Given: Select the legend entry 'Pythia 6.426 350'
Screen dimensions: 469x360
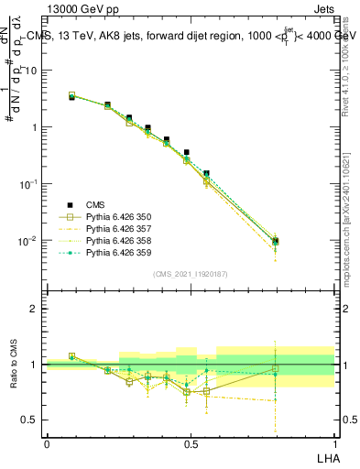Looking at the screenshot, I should [117, 217].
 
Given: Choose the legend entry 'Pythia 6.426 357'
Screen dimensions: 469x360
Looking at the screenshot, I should [117, 229].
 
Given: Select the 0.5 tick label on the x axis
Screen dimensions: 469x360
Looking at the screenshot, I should [191, 442].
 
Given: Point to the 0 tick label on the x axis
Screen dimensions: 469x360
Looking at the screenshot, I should [47, 442].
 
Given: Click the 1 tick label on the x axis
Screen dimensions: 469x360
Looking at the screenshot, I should [334, 442].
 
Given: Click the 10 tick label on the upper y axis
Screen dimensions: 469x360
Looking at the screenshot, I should [30, 71].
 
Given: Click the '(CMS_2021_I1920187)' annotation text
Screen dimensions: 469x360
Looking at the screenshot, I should [191, 274].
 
